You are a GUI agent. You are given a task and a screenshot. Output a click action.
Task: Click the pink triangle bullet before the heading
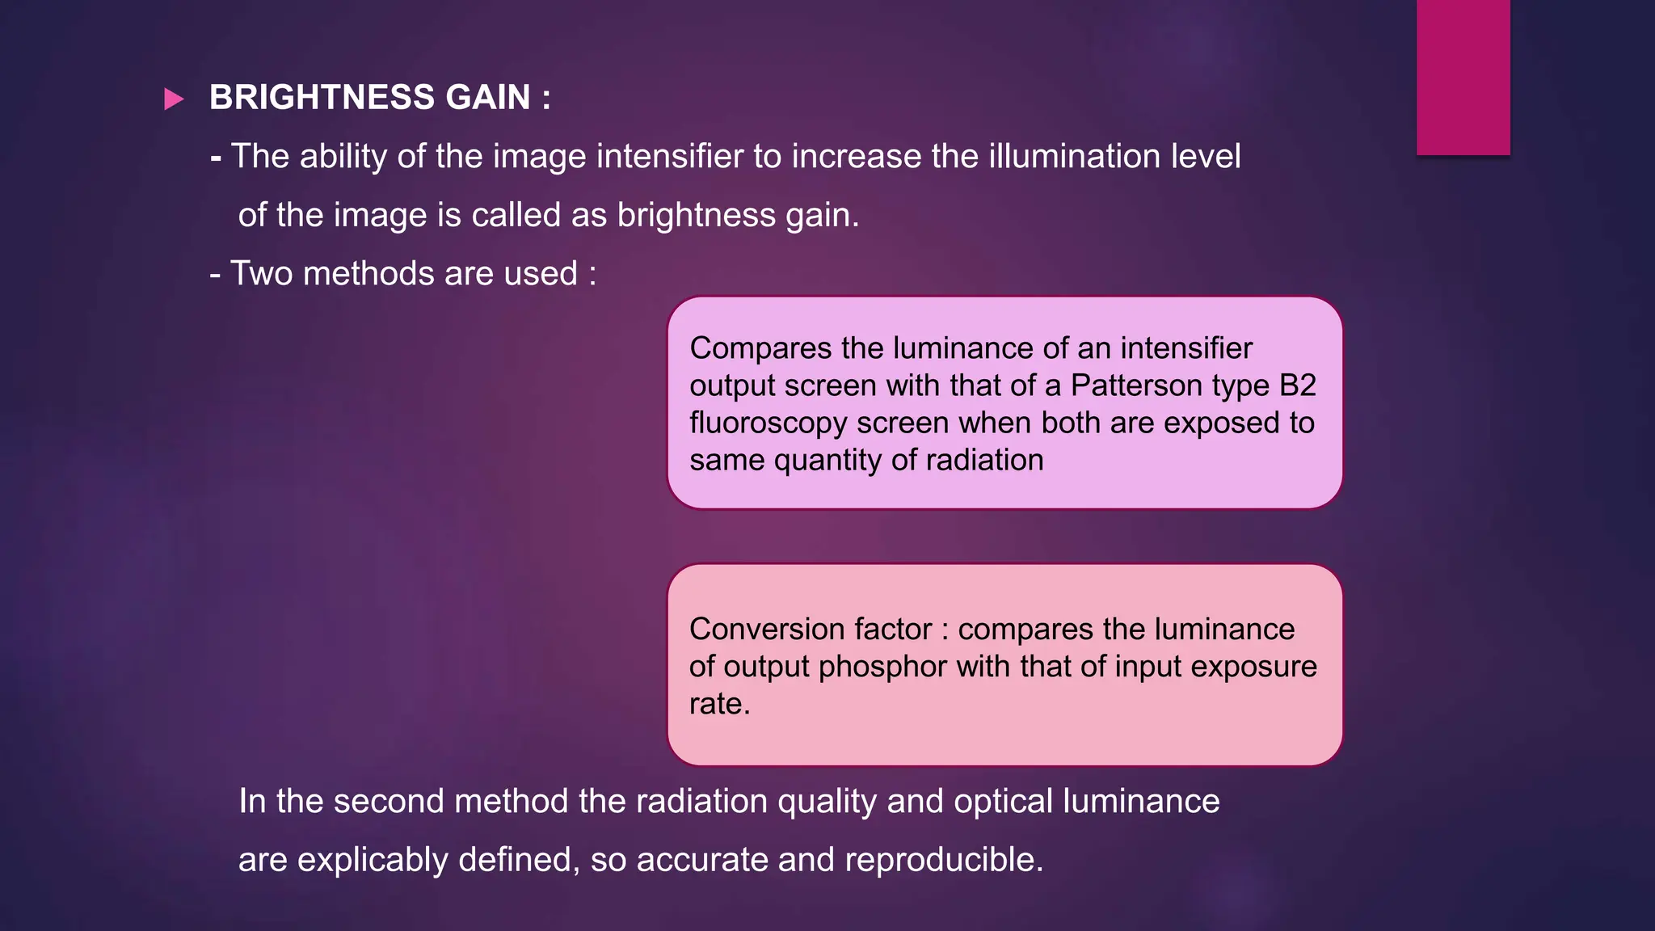tap(174, 99)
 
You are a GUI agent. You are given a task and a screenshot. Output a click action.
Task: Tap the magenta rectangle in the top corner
tap(1463, 77)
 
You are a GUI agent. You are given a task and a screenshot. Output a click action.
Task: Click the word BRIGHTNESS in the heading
tap(322, 98)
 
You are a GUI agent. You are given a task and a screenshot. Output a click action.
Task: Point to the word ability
tap(343, 156)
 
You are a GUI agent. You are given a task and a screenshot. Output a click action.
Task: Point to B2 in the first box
tap(1297, 385)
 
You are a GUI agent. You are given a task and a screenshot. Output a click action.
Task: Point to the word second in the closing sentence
tap(388, 801)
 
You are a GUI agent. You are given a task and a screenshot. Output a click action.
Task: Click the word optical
tap(1003, 801)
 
